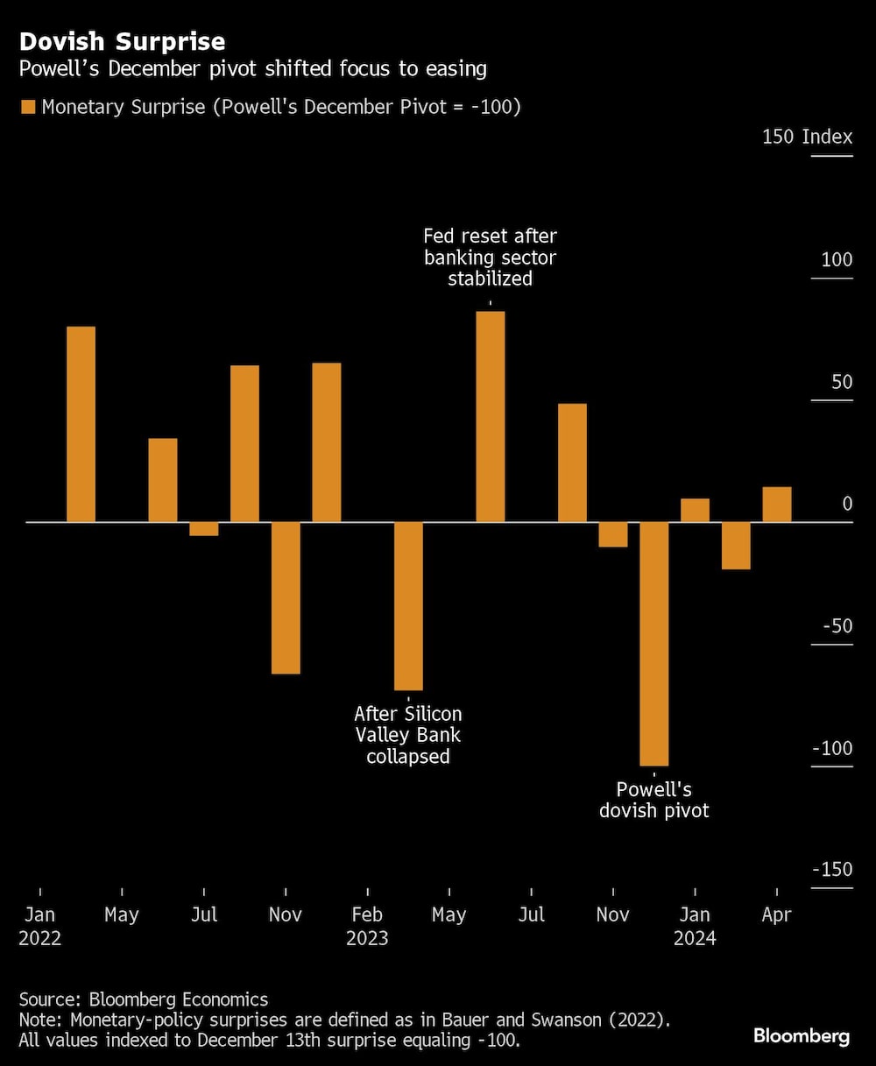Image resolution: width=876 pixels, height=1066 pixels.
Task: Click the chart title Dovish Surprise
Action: tap(122, 41)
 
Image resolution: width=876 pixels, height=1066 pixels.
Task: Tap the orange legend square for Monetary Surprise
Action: tap(28, 107)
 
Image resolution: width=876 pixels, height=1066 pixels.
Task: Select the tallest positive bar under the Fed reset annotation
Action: tap(490, 416)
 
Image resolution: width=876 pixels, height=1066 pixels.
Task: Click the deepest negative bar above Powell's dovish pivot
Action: tap(654, 644)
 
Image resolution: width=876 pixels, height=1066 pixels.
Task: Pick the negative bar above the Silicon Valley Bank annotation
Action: tap(408, 606)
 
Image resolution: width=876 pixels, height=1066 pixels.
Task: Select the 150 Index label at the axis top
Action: tap(807, 137)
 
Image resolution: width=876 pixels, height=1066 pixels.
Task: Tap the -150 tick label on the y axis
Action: tap(831, 869)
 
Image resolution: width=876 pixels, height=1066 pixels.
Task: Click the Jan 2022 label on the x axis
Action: tap(40, 926)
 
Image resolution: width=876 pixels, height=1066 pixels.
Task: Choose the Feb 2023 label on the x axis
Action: tap(367, 926)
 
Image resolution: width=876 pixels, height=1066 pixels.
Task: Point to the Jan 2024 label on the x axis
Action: tap(695, 926)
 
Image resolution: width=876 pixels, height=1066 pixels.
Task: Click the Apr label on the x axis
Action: tap(777, 914)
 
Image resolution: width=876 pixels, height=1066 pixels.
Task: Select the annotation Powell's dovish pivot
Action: tap(654, 800)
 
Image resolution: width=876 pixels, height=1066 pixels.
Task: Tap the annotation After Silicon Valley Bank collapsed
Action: tap(408, 735)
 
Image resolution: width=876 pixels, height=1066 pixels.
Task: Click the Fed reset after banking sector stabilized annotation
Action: tap(490, 257)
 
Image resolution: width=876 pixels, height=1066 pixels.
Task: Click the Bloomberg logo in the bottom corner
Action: tap(801, 1036)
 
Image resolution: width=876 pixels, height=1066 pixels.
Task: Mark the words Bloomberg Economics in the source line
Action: tap(179, 999)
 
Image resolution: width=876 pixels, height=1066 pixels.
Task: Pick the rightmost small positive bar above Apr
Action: tap(777, 505)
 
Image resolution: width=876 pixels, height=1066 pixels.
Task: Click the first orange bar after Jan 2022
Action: tap(81, 425)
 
